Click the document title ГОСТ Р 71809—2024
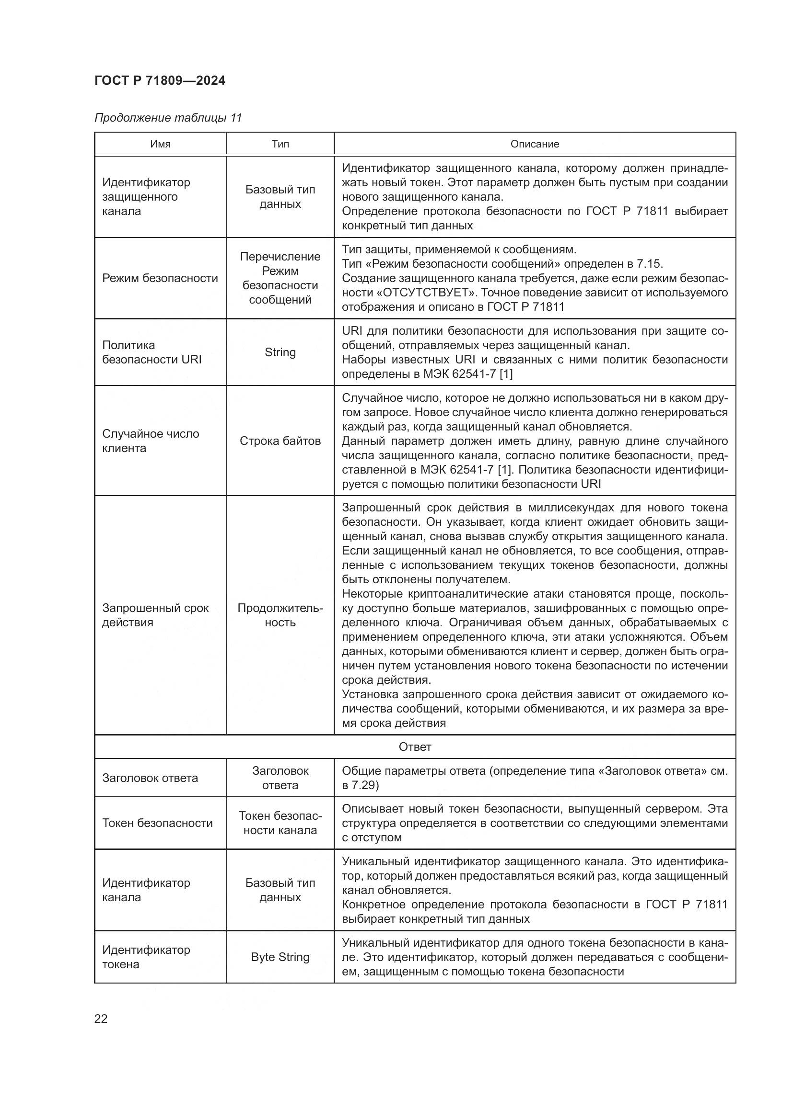(160, 81)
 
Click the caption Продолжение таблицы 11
(168, 118)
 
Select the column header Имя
(160, 144)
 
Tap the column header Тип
(280, 144)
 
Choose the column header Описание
(535, 144)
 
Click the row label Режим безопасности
(160, 278)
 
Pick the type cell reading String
(280, 352)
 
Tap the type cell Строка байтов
(280, 441)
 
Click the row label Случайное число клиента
(151, 441)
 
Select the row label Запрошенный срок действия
(155, 615)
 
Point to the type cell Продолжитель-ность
(280, 615)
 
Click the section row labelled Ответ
(415, 747)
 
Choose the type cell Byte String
(280, 957)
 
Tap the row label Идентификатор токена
(146, 957)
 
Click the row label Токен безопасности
(157, 823)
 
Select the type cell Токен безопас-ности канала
(280, 823)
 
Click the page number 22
(101, 1019)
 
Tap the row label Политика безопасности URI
(152, 352)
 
